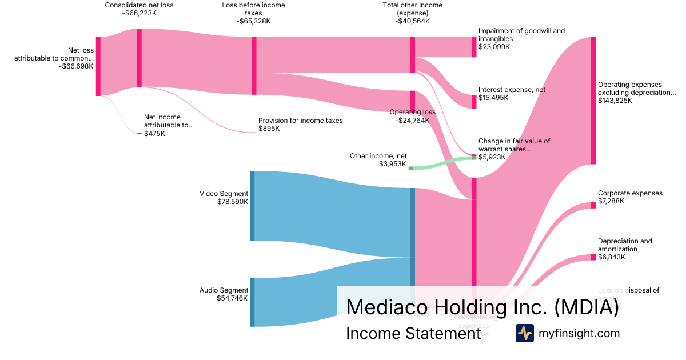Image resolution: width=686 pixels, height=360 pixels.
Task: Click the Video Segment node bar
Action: coord(252,206)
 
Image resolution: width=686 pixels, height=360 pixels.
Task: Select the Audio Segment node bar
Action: coord(252,302)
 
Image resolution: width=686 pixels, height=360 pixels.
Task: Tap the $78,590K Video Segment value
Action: coord(233,202)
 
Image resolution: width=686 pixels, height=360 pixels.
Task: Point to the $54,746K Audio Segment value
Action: coord(232,298)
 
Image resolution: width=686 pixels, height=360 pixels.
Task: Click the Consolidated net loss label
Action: coord(139,5)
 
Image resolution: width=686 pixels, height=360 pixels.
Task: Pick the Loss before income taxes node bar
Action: coord(254,66)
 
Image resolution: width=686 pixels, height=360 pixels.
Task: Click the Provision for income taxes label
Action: coord(301,121)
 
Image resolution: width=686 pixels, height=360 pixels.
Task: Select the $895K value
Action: coord(269,129)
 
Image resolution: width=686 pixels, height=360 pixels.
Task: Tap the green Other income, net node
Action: coord(410,168)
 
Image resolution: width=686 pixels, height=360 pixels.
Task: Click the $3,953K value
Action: coord(393,164)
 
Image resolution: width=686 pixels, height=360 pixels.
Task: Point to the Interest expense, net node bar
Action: coord(474,102)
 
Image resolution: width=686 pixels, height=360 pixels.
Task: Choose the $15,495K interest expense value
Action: coord(493,98)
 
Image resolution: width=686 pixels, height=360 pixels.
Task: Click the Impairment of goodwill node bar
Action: coord(474,47)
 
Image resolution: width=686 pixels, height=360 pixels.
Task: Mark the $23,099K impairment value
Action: coord(494,47)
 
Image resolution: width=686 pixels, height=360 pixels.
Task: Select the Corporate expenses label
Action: coord(630,193)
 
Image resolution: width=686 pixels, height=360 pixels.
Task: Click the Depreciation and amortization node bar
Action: coord(593,257)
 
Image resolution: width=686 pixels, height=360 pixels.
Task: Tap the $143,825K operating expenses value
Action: coord(615,101)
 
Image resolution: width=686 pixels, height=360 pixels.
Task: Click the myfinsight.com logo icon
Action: coord(524,333)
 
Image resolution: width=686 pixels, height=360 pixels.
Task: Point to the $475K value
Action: coord(154,134)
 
